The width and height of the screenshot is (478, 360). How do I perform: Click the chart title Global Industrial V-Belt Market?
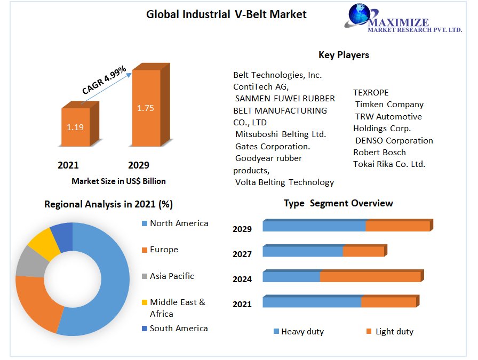click(x=226, y=14)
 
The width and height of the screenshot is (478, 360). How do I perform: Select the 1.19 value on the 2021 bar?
click(x=75, y=127)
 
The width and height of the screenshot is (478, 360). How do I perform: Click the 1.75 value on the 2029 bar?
click(x=145, y=108)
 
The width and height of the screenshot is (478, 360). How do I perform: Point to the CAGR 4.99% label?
click(x=104, y=81)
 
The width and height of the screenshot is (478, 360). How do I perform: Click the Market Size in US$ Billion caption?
click(x=118, y=181)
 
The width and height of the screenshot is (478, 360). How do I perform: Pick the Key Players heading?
click(x=344, y=55)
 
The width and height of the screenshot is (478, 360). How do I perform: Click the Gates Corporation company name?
click(x=273, y=146)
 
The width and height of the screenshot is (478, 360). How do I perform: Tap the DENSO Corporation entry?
click(x=394, y=141)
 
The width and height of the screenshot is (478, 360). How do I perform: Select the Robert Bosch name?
click(x=379, y=153)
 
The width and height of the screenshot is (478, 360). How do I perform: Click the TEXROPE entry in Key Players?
click(x=371, y=93)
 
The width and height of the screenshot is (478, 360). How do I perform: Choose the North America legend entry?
click(x=179, y=223)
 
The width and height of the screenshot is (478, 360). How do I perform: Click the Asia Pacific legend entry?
click(x=172, y=276)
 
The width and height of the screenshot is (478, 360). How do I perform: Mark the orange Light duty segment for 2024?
click(x=370, y=277)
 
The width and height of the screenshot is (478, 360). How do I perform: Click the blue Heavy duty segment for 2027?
click(x=302, y=251)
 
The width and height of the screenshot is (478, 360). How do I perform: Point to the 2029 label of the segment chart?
click(x=242, y=229)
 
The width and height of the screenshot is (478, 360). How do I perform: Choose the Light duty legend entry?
click(x=394, y=332)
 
